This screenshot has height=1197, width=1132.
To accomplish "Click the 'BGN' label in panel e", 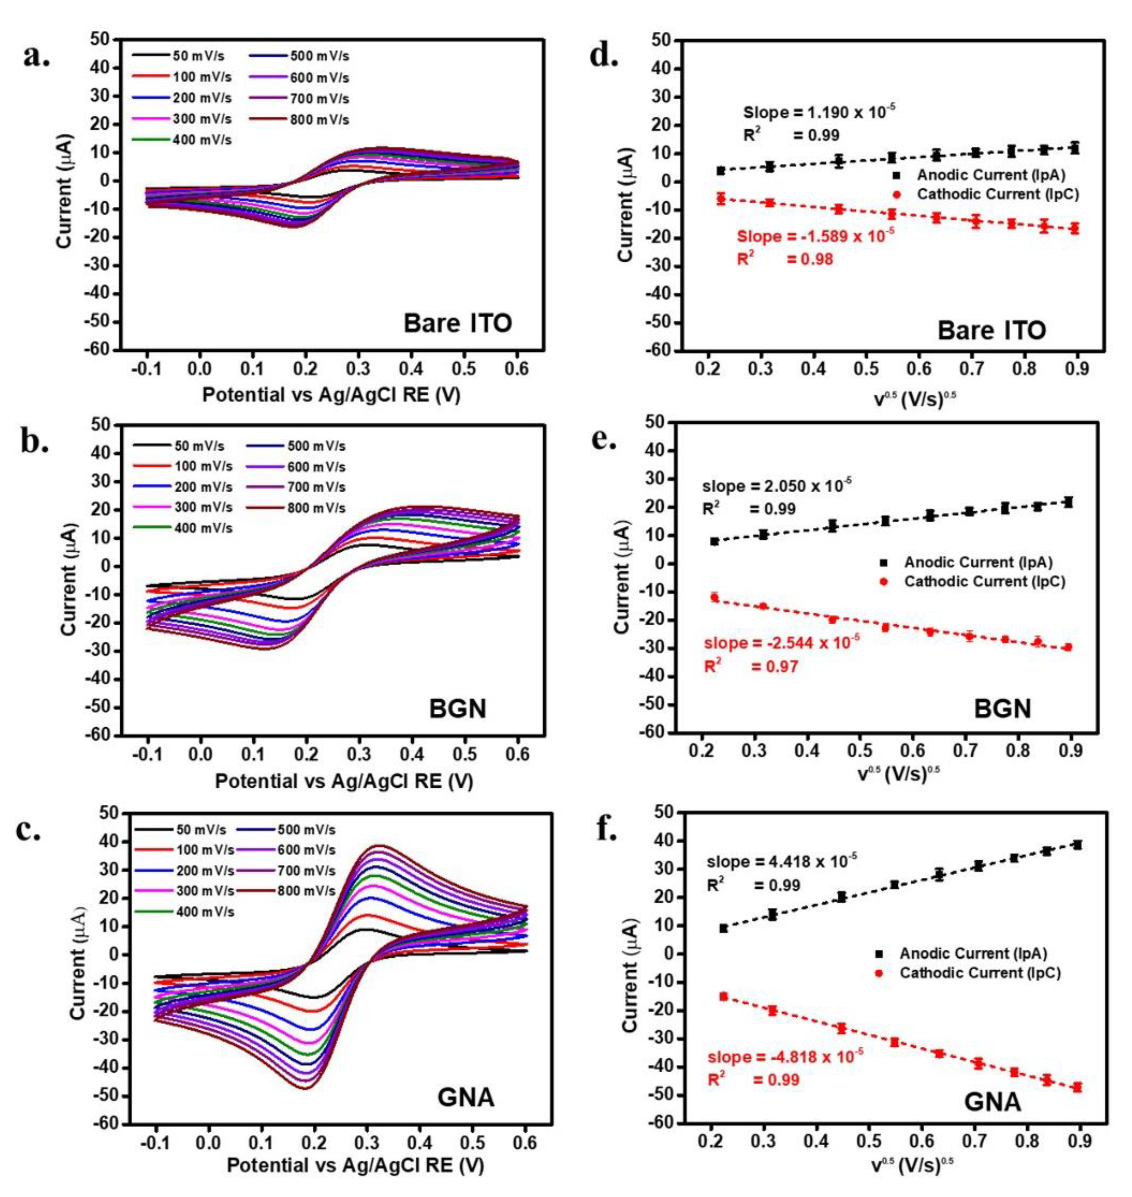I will point(1002,708).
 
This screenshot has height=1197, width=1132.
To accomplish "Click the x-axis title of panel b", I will point(344,781).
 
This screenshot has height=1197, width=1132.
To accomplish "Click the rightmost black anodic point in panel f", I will point(1077,845).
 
